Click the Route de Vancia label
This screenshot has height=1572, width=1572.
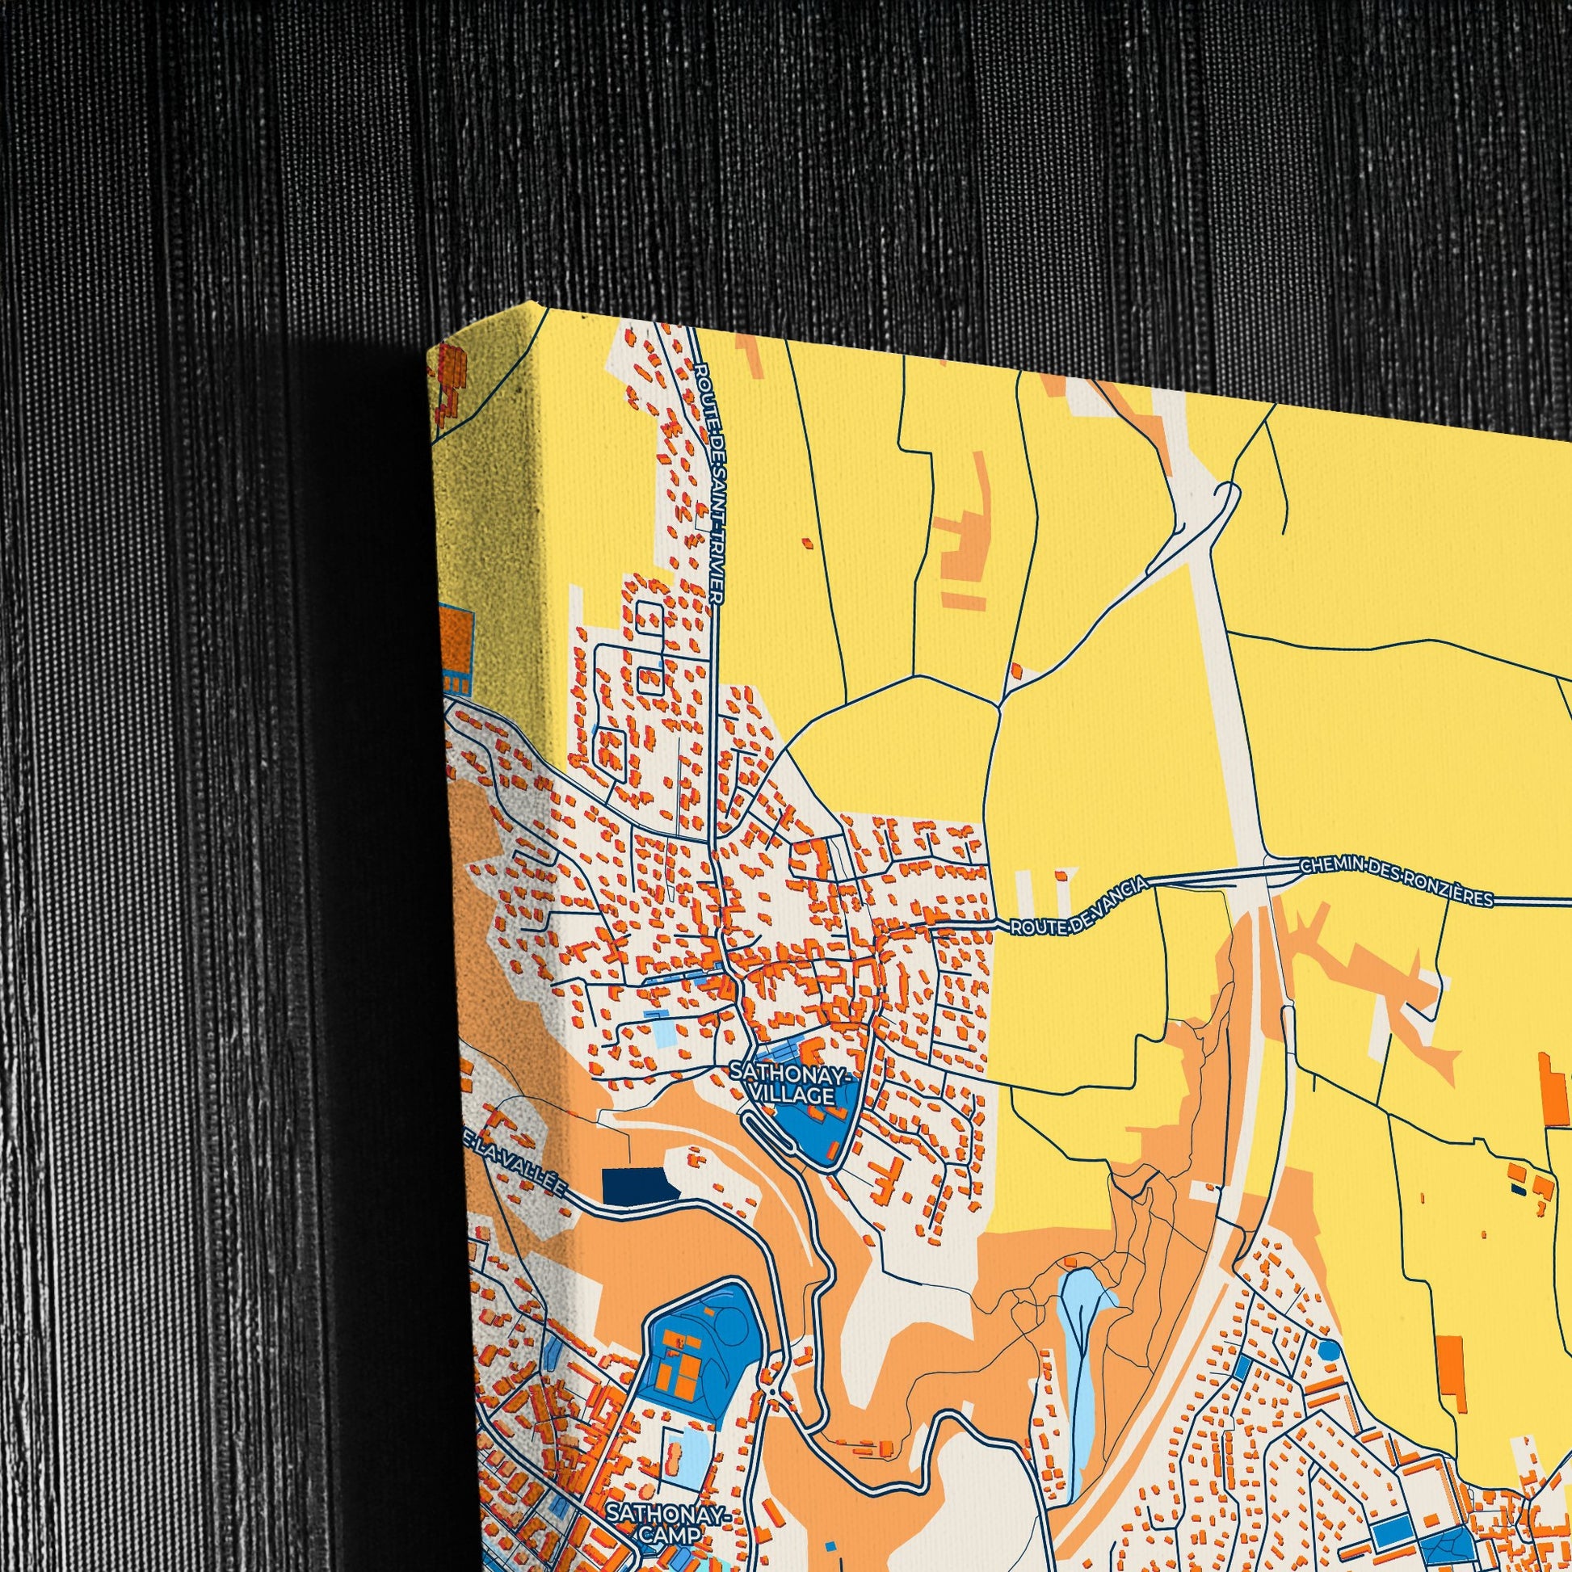[x=1078, y=904]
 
